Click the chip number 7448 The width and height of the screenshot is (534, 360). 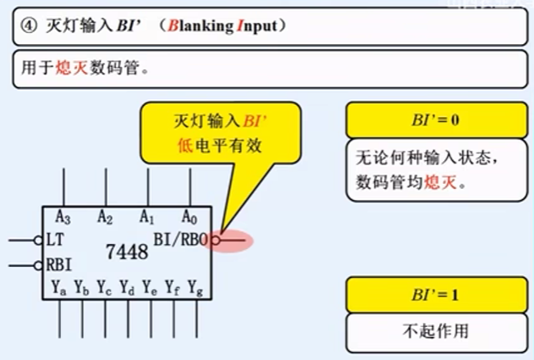click(127, 252)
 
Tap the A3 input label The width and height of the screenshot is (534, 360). click(63, 217)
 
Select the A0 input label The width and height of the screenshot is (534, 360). click(190, 217)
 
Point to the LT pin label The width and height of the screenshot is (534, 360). click(55, 240)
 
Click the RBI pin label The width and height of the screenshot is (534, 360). click(59, 264)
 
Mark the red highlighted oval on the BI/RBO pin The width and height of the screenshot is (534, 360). click(223, 241)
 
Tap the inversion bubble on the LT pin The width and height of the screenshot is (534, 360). click(38, 241)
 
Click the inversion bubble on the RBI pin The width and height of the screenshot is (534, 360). click(38, 265)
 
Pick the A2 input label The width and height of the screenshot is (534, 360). click(105, 217)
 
